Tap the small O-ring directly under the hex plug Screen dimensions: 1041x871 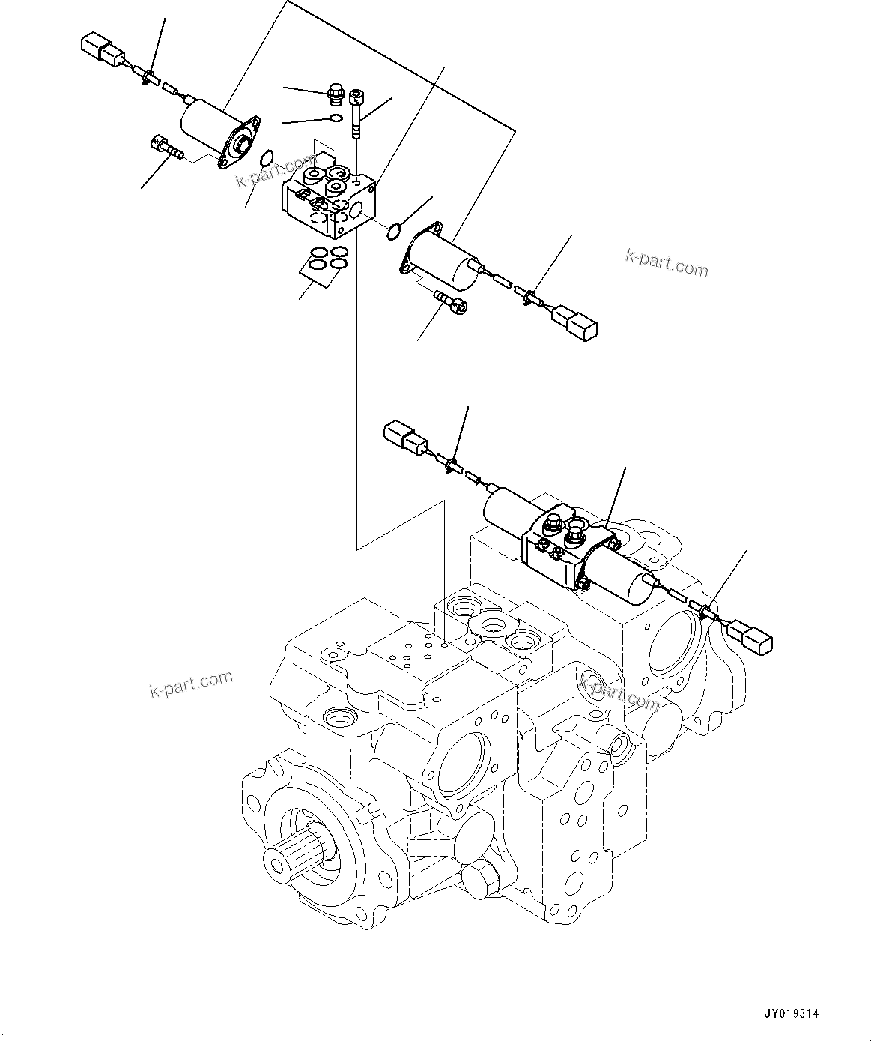point(336,118)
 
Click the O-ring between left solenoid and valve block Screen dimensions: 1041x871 point(266,158)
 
